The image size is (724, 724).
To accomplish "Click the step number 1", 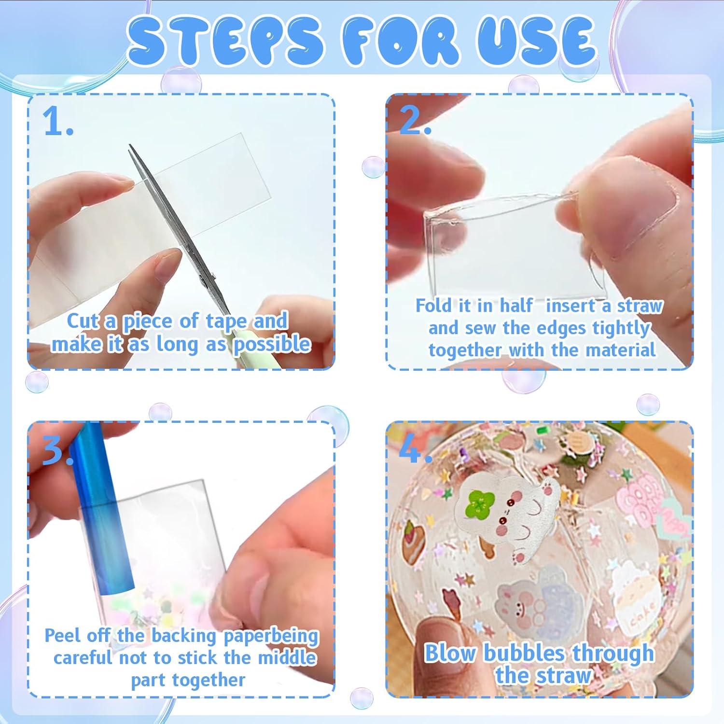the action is click(57, 121).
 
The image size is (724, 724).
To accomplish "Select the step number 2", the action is click(414, 120).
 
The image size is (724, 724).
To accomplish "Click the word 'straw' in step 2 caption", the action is click(640, 306).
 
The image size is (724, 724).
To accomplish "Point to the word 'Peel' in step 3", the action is click(61, 635).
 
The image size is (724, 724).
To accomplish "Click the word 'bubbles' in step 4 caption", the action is click(524, 654).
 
